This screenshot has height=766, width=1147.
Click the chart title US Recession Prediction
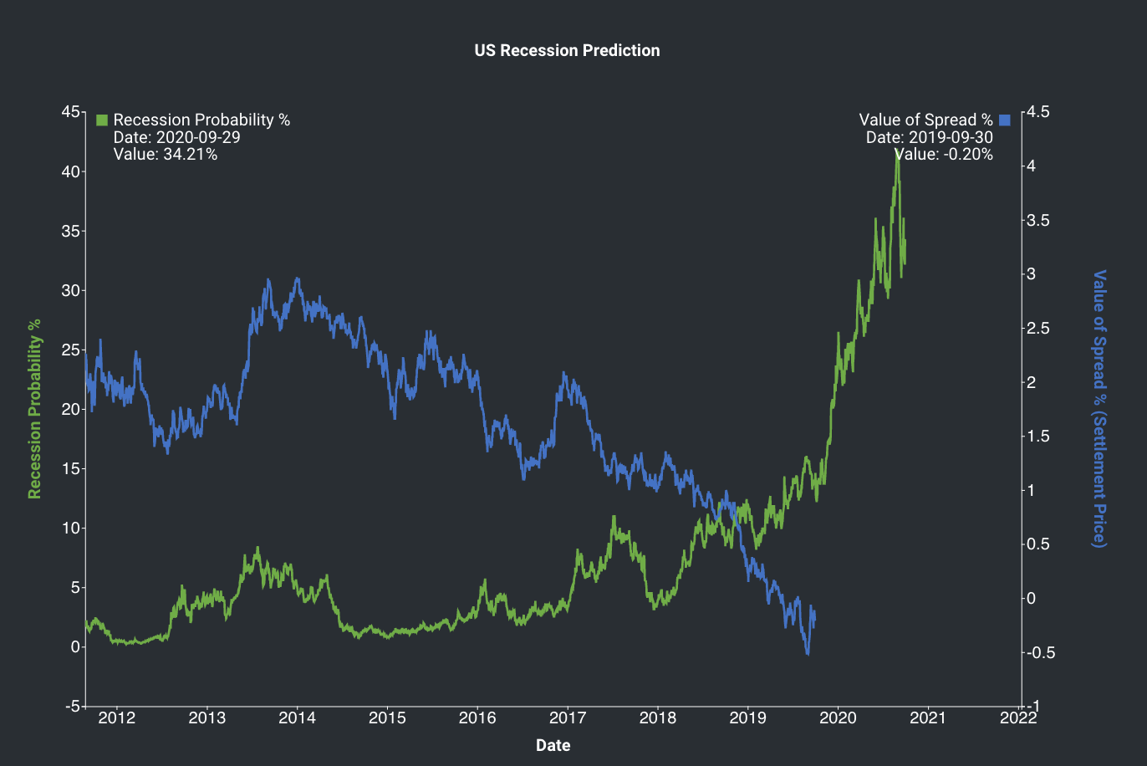click(x=567, y=50)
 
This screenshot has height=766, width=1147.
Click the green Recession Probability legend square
click(x=102, y=120)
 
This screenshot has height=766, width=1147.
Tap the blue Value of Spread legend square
click(x=1005, y=120)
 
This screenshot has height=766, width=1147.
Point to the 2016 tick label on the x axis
click(x=477, y=717)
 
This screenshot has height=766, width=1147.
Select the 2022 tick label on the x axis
click(x=1018, y=717)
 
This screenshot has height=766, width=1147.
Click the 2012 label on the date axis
click(x=116, y=717)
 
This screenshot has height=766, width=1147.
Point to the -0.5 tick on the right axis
click(x=1041, y=652)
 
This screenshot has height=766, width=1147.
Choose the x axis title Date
click(x=553, y=745)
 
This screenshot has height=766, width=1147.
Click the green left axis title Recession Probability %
click(x=34, y=409)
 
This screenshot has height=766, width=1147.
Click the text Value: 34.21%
click(x=166, y=155)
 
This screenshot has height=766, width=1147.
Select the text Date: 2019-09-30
click(x=930, y=137)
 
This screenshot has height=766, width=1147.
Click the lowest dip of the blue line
click(x=808, y=654)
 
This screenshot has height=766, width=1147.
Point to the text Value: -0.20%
click(x=943, y=155)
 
